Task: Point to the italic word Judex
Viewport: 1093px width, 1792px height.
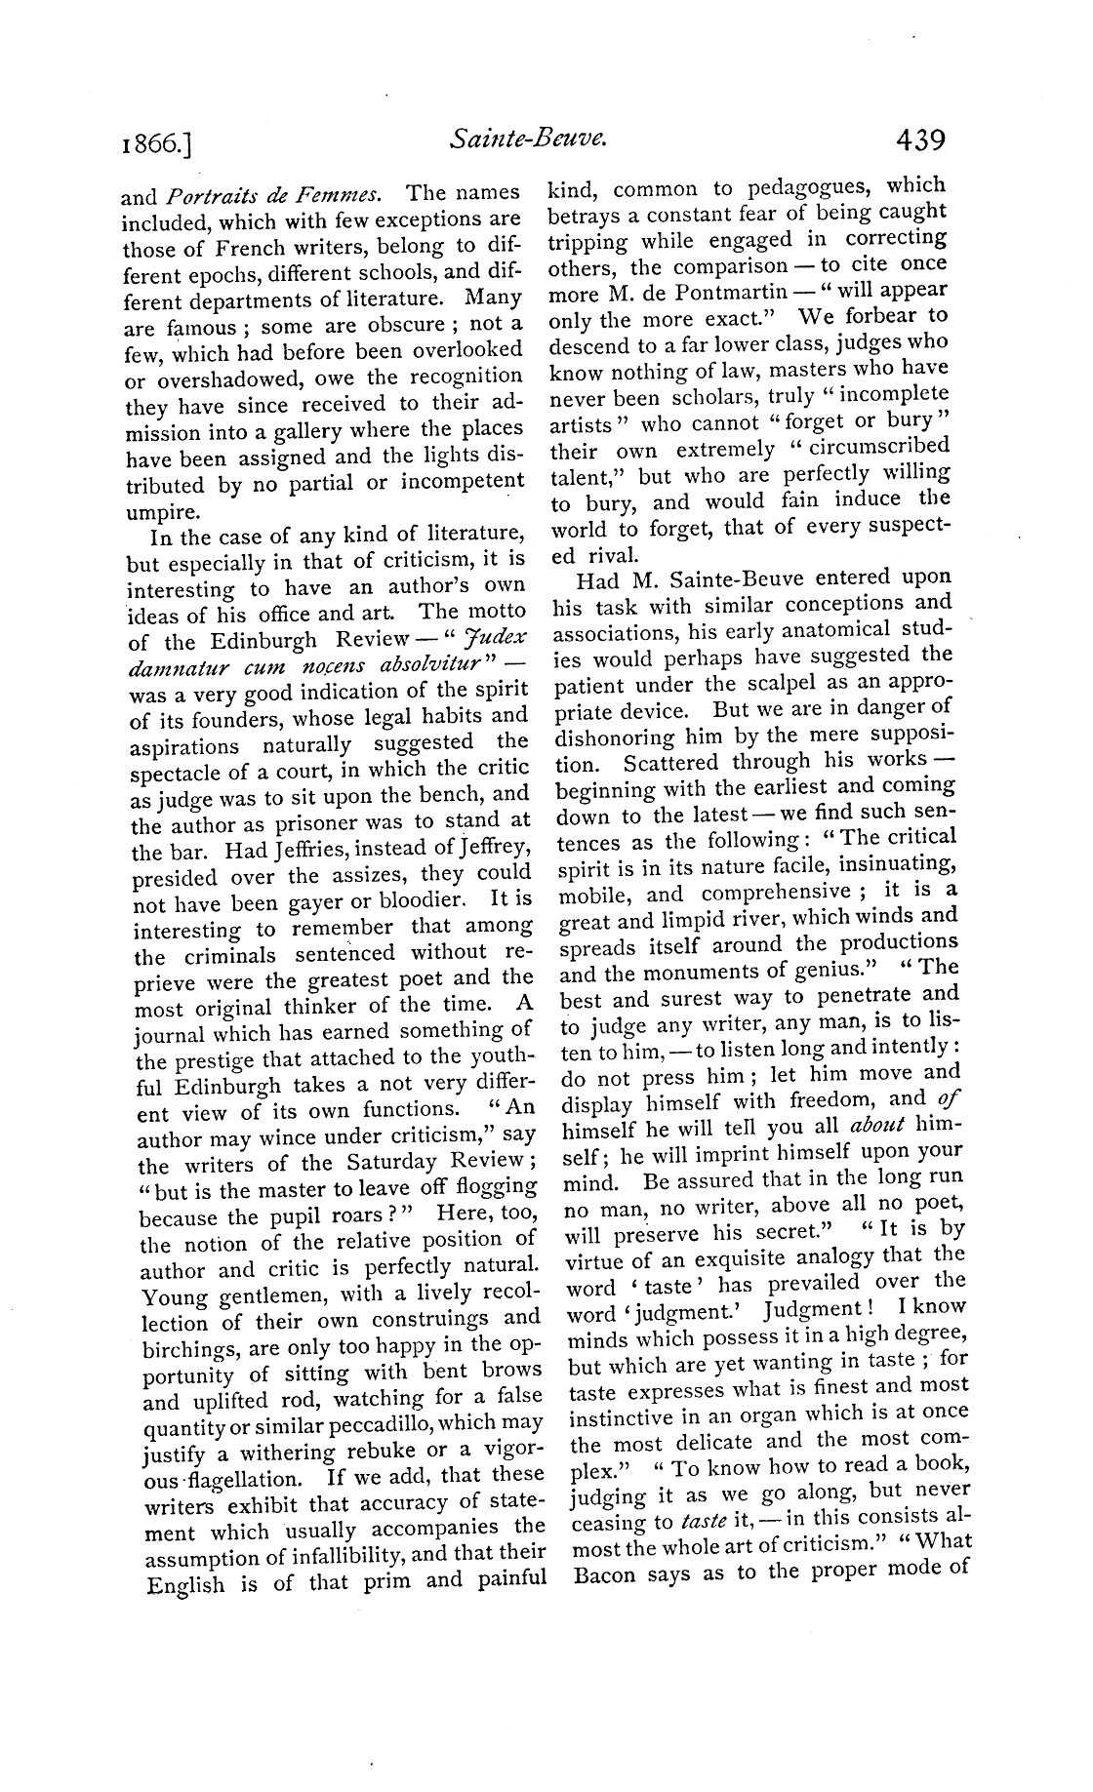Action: (x=499, y=639)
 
